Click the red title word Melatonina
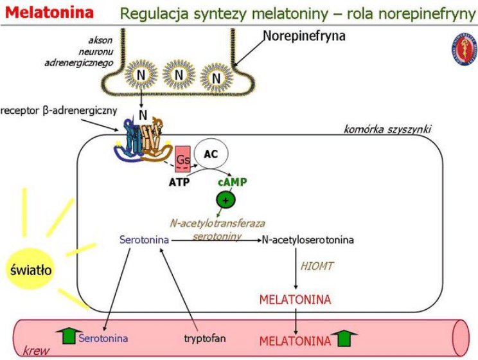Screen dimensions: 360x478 (48, 12)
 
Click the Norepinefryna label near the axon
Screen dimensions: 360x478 (304, 36)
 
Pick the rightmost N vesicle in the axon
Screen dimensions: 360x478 (216, 78)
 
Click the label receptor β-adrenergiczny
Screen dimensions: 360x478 (59, 110)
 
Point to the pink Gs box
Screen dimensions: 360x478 (182, 157)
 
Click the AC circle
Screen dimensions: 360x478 (210, 154)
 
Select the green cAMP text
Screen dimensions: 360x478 (232, 182)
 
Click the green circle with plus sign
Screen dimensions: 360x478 (226, 200)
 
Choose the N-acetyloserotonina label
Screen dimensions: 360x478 (307, 240)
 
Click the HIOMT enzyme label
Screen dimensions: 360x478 (316, 265)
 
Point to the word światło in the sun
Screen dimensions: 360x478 (31, 269)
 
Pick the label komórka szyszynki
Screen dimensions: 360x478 (387, 129)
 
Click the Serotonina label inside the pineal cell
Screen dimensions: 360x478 (145, 240)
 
